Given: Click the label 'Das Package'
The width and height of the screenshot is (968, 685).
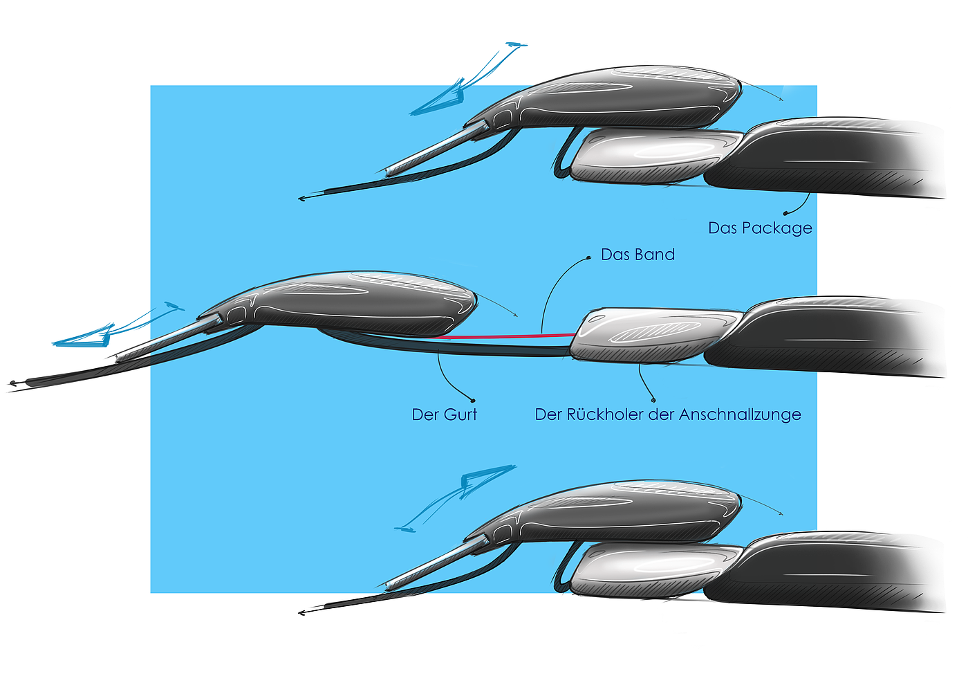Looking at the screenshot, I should coord(760,228).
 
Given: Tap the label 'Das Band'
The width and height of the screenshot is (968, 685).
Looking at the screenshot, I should coord(637,255).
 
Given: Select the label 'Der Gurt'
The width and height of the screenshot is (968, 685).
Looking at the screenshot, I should coord(444,414).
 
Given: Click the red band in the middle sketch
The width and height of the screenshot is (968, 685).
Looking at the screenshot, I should coord(512,336).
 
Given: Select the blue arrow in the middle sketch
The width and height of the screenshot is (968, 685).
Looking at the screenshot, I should coord(111,332).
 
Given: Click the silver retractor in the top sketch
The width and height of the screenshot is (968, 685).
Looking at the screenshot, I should coord(650,156).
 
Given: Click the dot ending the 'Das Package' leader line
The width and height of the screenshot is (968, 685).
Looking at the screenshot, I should coord(785,213).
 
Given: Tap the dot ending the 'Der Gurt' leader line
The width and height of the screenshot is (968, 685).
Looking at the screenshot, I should coord(473,400).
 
